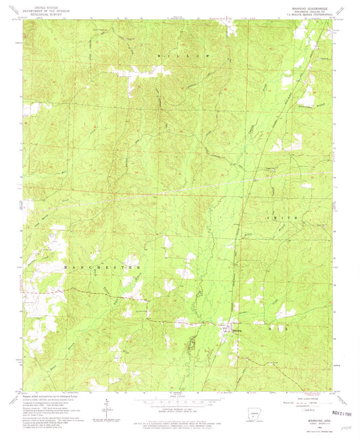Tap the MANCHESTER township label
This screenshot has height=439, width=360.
click(101, 267)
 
